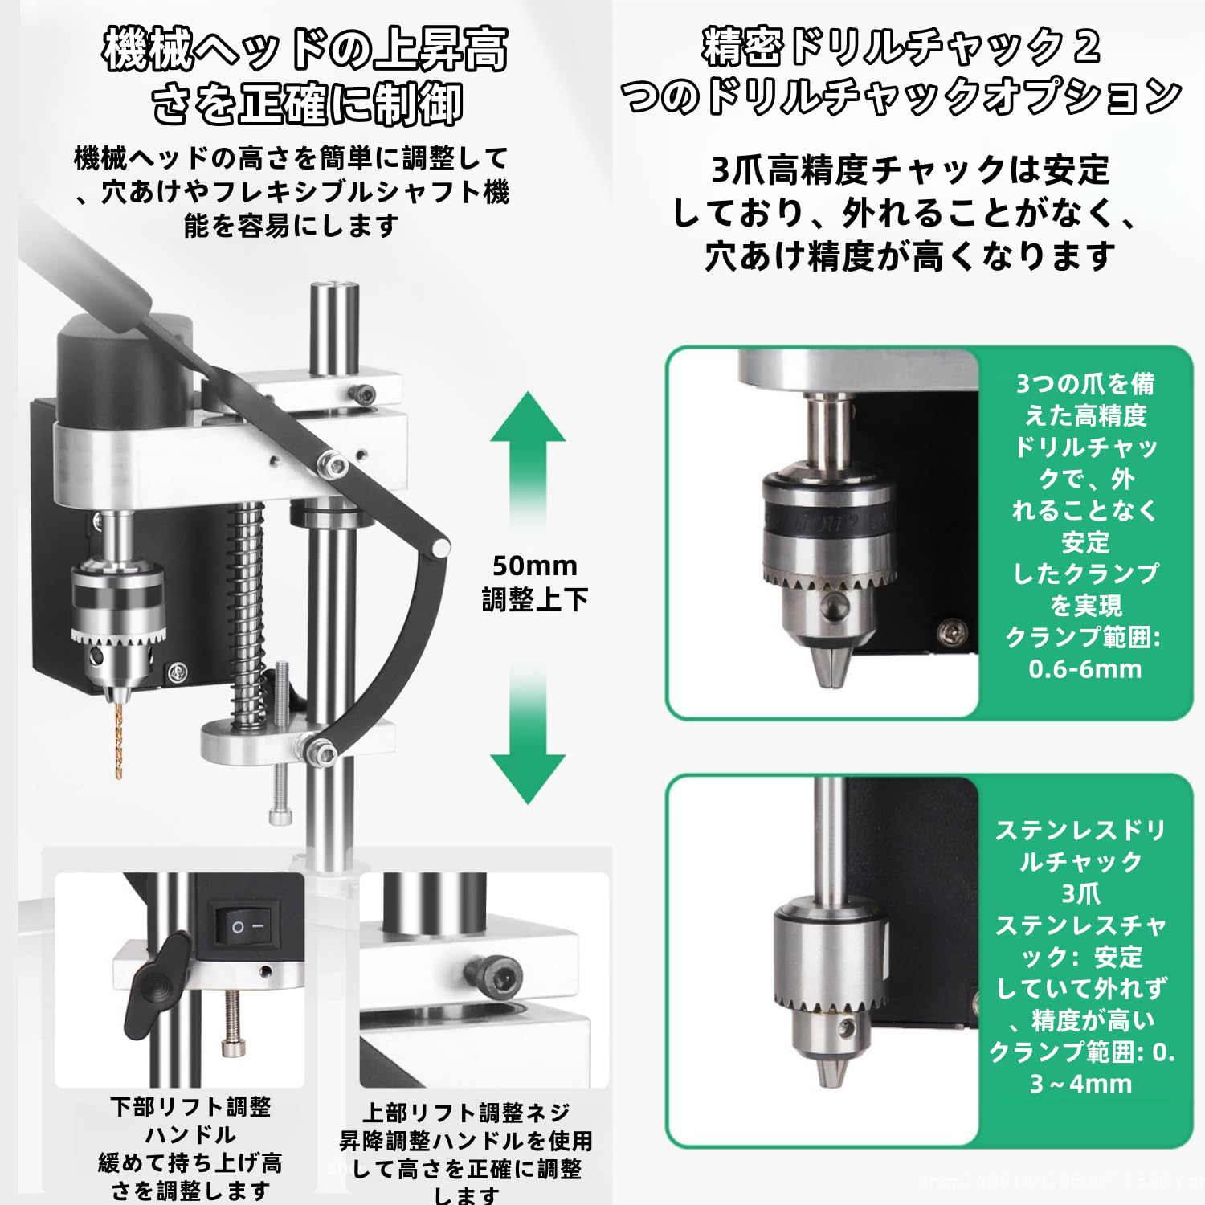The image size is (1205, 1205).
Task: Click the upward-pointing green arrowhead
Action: click(x=528, y=420)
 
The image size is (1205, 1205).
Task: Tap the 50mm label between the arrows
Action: click(x=534, y=566)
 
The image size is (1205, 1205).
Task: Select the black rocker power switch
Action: click(x=245, y=926)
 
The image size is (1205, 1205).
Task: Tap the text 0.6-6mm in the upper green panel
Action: click(x=1084, y=669)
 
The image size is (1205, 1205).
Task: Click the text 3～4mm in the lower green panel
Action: click(x=1081, y=1084)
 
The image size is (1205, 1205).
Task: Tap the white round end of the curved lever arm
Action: click(x=439, y=546)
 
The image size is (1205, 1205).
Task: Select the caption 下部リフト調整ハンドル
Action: click(x=190, y=1121)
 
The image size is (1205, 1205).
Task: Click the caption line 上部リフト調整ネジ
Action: click(x=466, y=1113)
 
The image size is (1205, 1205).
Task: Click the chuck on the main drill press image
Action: click(x=117, y=611)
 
